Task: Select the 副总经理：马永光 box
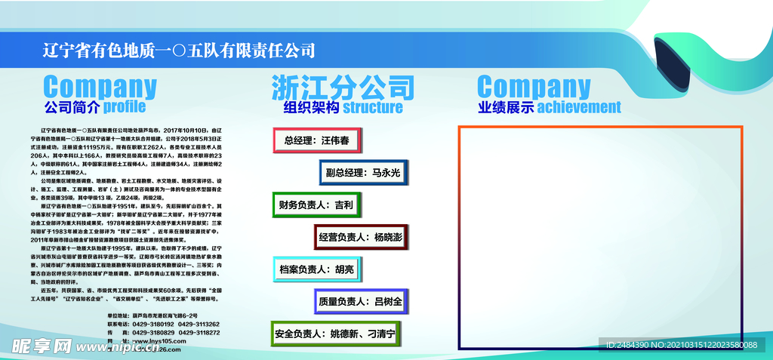363,173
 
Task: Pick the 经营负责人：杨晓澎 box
361,237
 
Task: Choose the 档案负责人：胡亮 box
316,269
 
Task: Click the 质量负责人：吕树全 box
361,301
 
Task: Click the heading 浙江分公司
343,87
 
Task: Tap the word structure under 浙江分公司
373,107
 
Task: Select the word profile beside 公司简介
125,106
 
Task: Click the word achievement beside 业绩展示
578,107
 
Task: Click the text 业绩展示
505,107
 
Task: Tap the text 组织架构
311,107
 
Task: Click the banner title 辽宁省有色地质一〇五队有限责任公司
179,51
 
